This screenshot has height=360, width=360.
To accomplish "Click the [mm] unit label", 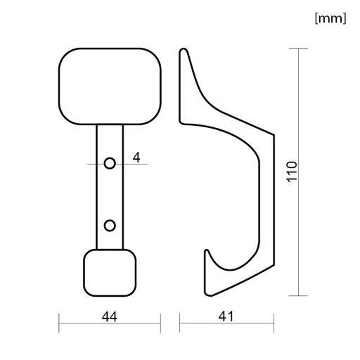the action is pyautogui.click(x=330, y=18).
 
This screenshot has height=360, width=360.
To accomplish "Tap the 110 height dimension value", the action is pyautogui.click(x=292, y=172).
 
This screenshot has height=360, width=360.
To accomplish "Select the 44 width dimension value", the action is pyautogui.click(x=110, y=317).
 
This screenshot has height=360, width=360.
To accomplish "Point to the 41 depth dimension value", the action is pyautogui.click(x=226, y=316).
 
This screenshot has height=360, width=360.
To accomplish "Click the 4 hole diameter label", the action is pyautogui.click(x=136, y=157).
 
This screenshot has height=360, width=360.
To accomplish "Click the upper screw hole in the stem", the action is pyautogui.click(x=110, y=163).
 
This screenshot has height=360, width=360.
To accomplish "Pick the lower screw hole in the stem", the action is pyautogui.click(x=110, y=226).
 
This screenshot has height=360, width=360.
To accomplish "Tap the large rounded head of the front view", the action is pyautogui.click(x=110, y=86).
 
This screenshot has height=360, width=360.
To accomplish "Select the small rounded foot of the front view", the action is pyautogui.click(x=110, y=273).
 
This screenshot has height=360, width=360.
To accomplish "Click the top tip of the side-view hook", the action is pyautogui.click(x=184, y=49).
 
